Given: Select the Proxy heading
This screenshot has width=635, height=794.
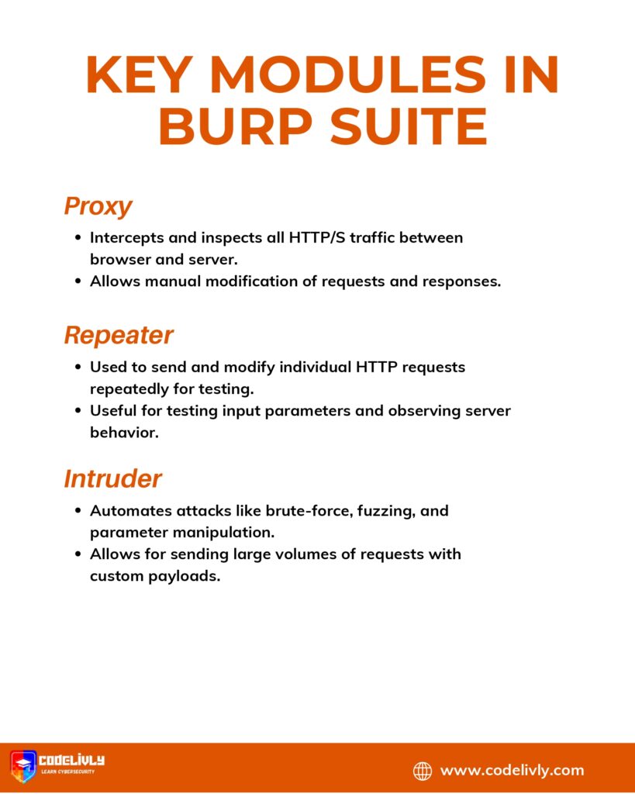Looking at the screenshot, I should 98,206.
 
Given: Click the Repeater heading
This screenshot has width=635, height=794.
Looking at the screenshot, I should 118,335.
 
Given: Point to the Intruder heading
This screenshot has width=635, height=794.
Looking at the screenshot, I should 112,478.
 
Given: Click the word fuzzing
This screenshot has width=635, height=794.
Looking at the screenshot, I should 383,511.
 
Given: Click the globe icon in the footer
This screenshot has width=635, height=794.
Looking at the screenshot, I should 423,770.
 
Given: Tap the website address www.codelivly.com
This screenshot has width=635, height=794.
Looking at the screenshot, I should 512,770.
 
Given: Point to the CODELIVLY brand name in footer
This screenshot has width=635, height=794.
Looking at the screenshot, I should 71,761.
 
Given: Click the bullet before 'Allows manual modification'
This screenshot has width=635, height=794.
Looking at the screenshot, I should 78,281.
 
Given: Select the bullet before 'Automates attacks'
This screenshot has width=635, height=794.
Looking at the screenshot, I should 78,511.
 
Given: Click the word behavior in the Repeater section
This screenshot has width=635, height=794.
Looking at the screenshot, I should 124,433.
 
